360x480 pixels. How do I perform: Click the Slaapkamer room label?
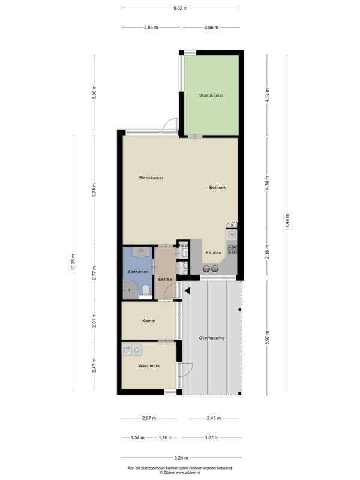[x=211, y=95]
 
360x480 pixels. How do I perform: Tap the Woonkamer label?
[x=151, y=178]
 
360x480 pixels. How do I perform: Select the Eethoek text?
[x=217, y=187]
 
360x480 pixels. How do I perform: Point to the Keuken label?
[x=214, y=253]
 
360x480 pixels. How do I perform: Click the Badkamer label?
[x=138, y=272]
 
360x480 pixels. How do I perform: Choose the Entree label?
[x=165, y=279]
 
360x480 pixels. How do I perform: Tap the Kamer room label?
[x=149, y=321]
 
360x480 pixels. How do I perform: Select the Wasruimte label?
[x=149, y=366]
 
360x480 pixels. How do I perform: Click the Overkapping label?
[x=212, y=338]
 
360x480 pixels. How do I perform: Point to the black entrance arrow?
[x=187, y=291]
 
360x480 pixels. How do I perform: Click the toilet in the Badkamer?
[x=146, y=289]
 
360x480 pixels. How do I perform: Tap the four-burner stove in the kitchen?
[x=232, y=250]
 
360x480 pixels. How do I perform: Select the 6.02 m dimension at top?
[x=181, y=8]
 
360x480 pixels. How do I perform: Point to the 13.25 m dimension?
[x=73, y=262]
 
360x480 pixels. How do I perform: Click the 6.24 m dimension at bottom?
[x=181, y=458]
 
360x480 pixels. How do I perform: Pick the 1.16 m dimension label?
[x=166, y=438]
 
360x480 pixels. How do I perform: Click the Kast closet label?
[x=184, y=245]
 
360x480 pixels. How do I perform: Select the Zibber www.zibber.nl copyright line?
[x=179, y=472]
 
